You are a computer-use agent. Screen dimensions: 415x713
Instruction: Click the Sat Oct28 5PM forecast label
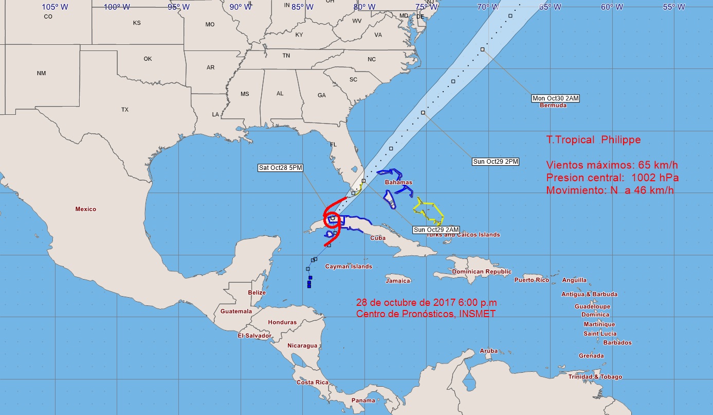280,168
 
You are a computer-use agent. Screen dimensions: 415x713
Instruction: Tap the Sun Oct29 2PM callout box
496,162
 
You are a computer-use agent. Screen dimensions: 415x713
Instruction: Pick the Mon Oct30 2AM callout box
556,98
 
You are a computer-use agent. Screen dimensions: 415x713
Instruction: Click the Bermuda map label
553,106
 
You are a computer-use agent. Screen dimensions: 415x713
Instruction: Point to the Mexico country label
85,210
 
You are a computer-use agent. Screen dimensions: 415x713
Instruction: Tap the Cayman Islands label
349,267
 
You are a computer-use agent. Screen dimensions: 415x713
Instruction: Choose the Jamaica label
398,281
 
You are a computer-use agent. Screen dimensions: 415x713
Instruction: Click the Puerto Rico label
532,280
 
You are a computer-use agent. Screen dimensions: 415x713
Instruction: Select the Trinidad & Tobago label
595,377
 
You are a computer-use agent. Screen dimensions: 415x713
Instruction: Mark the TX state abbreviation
125,110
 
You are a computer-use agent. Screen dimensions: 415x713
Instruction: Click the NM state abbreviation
41,74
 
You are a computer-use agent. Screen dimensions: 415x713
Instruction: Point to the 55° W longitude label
673,7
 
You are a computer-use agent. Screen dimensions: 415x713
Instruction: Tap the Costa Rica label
313,383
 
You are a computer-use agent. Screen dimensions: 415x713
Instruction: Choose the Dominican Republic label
482,272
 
